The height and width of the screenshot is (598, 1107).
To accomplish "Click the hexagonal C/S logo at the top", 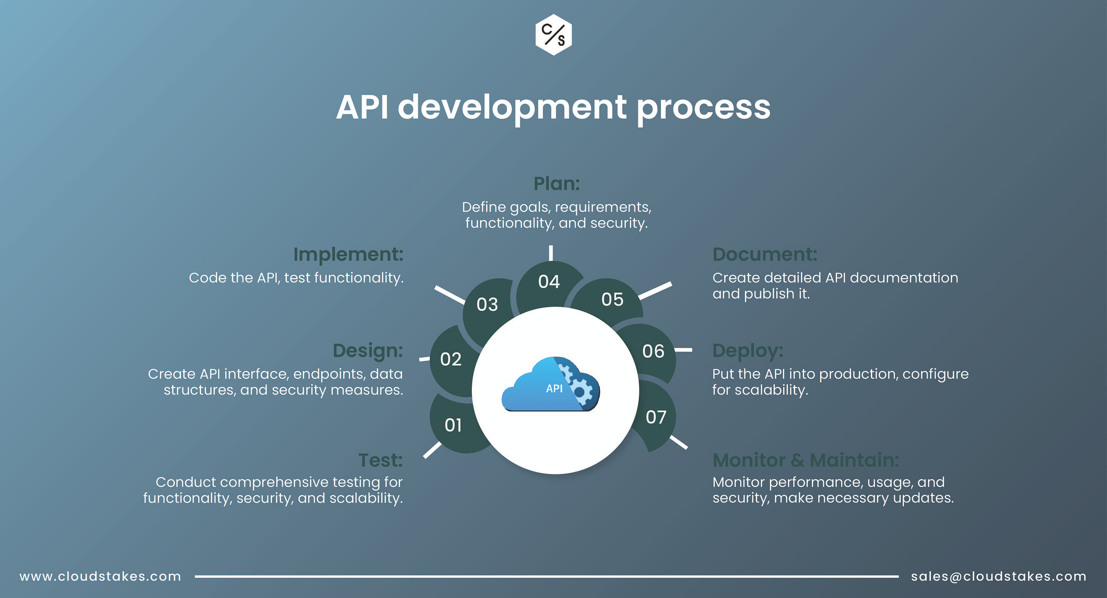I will coord(553,35).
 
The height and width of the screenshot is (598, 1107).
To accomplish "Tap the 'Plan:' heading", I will coord(556,184).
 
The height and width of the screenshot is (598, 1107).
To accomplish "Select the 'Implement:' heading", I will coord(348,254).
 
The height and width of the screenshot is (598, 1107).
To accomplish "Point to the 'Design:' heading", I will coord(368,351).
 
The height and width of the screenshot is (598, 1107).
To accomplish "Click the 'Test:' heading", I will coord(381,460).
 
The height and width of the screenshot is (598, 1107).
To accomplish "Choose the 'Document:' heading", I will coord(765,254).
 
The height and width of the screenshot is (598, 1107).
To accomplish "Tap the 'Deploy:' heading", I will coord(748,351).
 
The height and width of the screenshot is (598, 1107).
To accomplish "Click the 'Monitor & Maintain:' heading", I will coord(805,460).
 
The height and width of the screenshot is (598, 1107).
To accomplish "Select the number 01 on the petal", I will coord(453,425).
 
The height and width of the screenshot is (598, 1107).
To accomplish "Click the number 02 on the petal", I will coord(451,359).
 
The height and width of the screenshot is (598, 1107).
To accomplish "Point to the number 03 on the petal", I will coord(487,305).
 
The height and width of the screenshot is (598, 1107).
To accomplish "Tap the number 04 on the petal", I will coord(549,281).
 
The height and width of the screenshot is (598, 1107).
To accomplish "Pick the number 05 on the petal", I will coord(612,299).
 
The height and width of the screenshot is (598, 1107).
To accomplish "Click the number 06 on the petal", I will coord(653,351).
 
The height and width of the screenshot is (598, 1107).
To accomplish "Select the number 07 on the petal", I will coord(656,417).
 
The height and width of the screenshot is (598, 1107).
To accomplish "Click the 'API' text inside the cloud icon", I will coord(554,389).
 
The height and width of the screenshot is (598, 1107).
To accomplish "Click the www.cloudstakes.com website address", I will coord(100,576).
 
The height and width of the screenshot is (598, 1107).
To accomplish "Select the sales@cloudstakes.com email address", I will coord(999,576).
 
